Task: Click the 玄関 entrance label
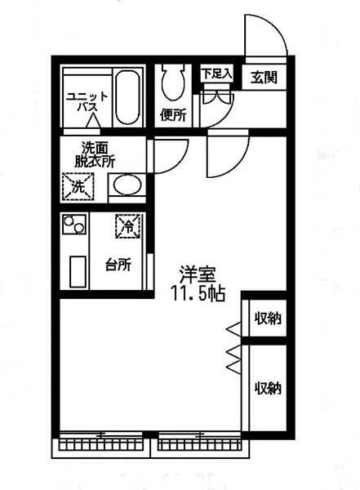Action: click(264, 78)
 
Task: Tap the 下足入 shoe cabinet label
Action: click(217, 73)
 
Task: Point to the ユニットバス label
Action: click(82, 101)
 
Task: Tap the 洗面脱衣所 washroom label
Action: click(96, 154)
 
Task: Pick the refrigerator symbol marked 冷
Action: click(127, 225)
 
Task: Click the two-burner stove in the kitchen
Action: click(74, 223)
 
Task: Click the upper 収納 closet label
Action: click(267, 318)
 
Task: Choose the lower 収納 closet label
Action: click(267, 387)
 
